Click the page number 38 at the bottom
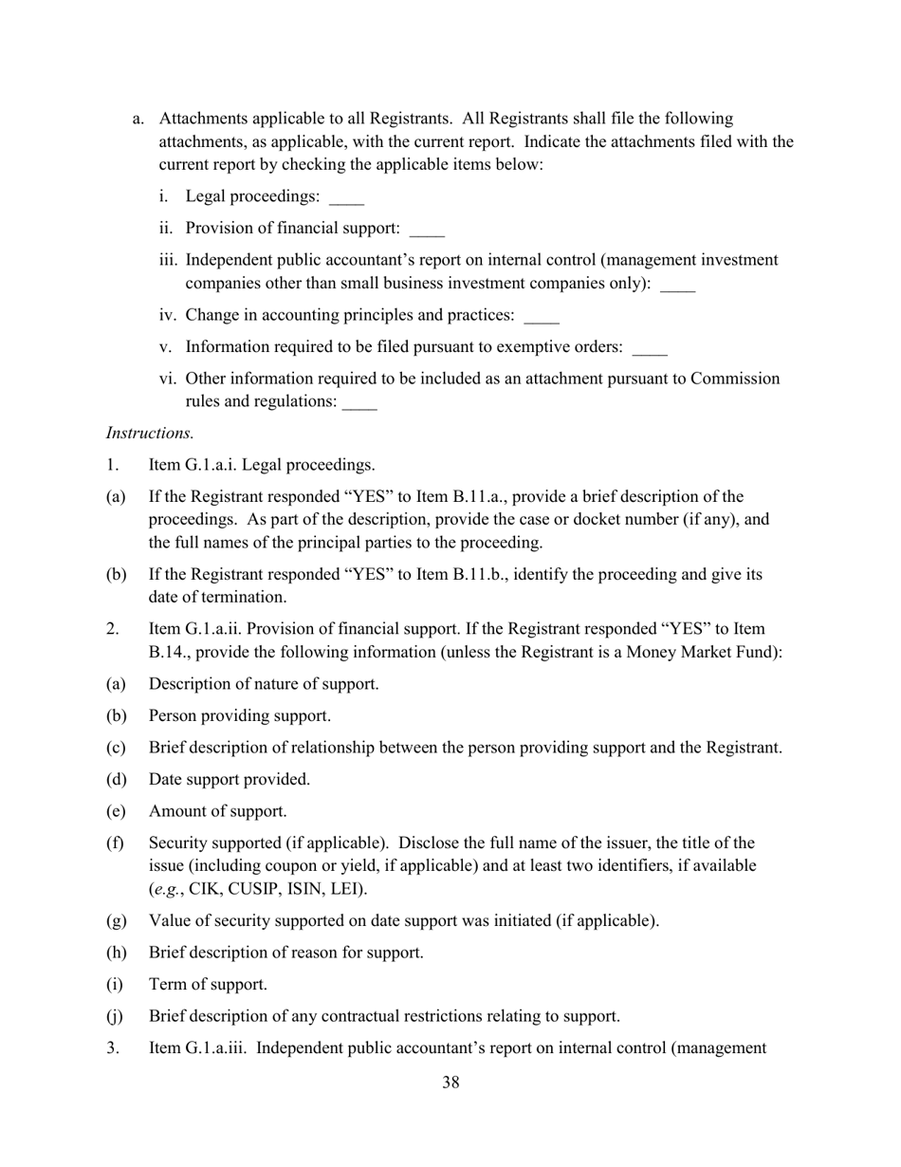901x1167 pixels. pyautogui.click(x=450, y=1083)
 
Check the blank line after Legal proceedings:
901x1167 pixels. pyautogui.click(x=346, y=199)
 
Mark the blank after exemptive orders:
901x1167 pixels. pyautogui.click(x=650, y=349)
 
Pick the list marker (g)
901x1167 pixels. pyautogui.click(x=116, y=920)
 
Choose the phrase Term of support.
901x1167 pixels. pyautogui.click(x=207, y=984)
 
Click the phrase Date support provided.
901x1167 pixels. pyautogui.click(x=229, y=779)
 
